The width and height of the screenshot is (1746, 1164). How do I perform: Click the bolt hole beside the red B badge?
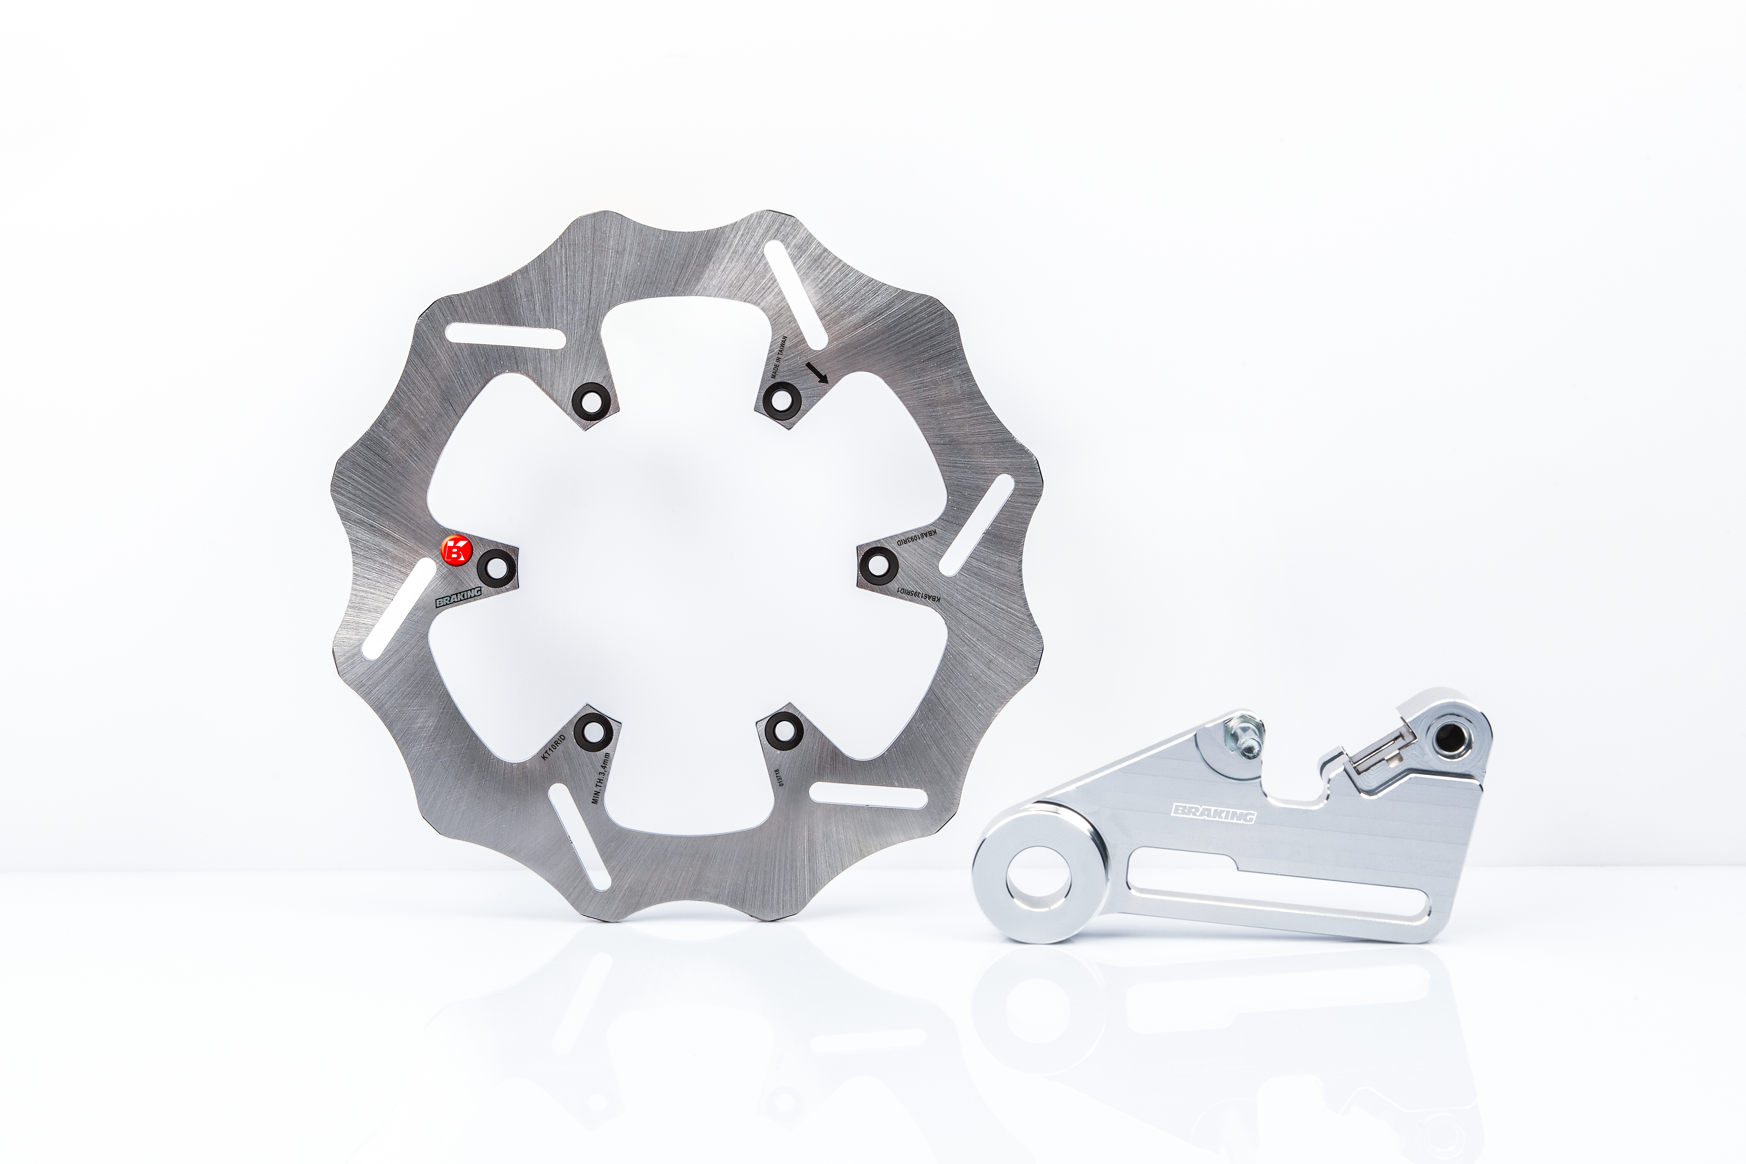point(495,567)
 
